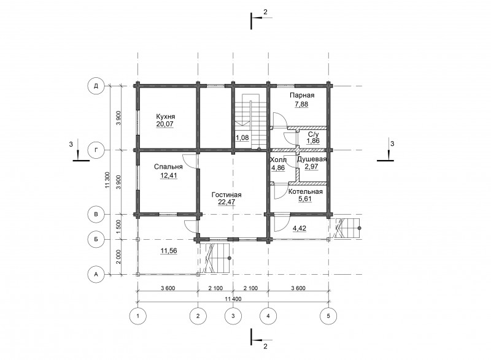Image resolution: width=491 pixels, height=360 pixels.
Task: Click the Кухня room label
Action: point(166,117)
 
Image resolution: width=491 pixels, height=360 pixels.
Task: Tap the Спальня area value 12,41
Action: point(168,175)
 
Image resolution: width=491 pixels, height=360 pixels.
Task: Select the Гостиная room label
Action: point(226,194)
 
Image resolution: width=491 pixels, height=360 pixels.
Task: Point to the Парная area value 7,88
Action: point(301,104)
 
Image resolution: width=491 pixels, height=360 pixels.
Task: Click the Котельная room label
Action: point(305,191)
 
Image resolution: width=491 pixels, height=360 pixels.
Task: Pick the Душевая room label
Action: point(312,159)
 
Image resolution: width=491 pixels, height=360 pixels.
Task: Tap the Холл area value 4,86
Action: point(278,167)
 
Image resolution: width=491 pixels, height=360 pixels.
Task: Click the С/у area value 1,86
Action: point(313,140)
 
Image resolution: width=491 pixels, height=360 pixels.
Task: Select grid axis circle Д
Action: point(96,86)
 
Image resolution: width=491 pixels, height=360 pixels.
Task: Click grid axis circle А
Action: point(96,274)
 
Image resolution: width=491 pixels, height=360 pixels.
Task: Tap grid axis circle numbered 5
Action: point(328,316)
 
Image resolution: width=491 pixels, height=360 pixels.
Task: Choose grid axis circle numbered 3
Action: point(233,316)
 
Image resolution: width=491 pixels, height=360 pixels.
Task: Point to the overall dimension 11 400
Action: point(233,299)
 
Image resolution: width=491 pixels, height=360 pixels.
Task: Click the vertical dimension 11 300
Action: point(107,180)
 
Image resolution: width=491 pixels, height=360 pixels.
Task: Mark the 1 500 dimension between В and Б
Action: point(118,227)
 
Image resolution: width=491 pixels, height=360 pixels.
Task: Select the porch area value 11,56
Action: point(168,251)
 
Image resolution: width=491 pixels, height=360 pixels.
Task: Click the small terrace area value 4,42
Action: point(300,228)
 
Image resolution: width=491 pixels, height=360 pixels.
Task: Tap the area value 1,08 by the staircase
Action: point(242,137)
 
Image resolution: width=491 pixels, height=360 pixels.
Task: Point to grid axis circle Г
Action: point(96,150)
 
